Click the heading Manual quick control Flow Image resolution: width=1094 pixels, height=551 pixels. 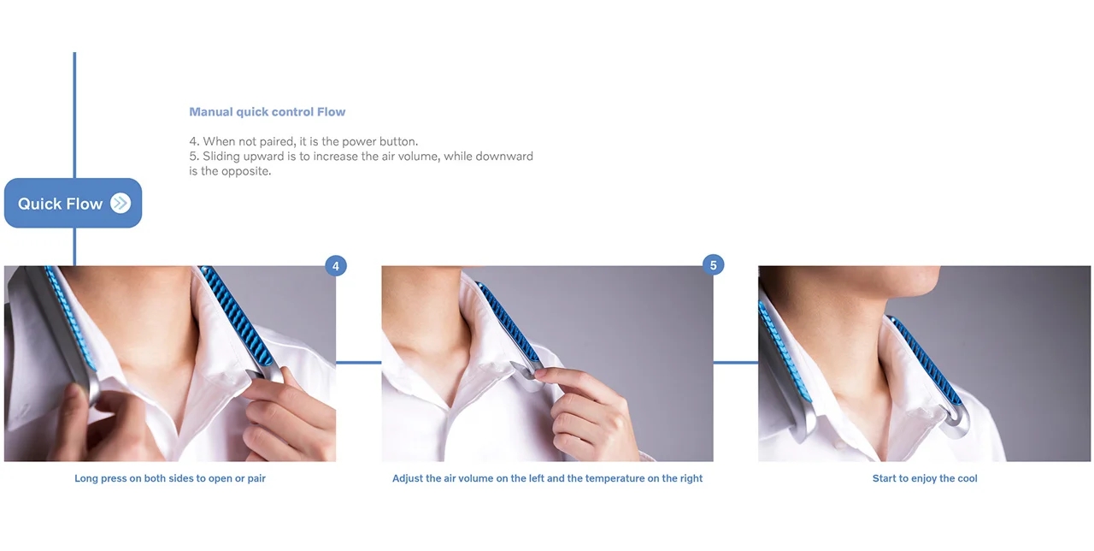267,112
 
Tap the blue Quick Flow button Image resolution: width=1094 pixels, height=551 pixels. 73,204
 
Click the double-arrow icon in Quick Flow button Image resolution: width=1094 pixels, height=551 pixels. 121,204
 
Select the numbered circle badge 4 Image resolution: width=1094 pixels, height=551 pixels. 335,266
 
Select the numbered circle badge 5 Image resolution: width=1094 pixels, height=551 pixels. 714,265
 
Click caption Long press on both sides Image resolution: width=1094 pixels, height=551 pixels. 169,478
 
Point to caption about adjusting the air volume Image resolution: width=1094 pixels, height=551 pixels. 547,478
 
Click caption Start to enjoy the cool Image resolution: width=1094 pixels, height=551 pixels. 924,478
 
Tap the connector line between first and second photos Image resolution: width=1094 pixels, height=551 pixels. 358,363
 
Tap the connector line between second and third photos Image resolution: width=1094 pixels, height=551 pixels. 735,363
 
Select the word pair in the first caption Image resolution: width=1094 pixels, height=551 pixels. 256,478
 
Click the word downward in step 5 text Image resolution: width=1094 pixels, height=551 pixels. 503,157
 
